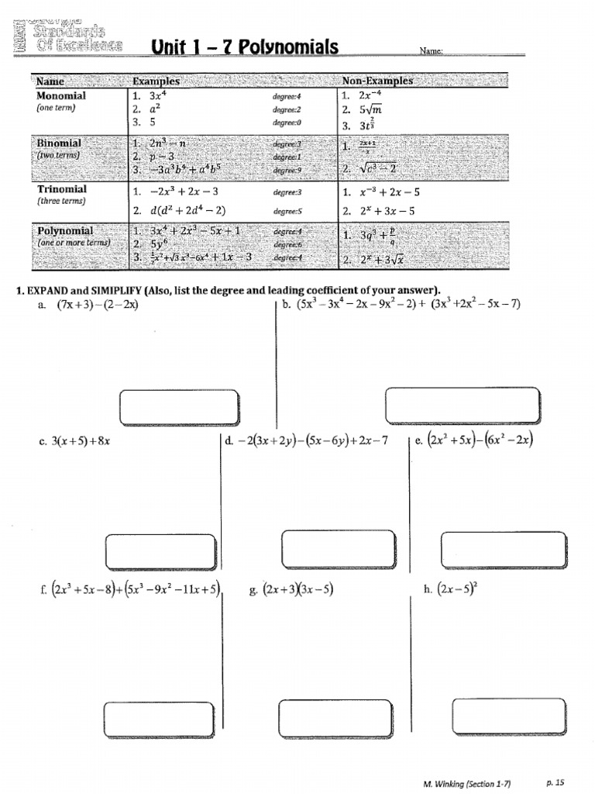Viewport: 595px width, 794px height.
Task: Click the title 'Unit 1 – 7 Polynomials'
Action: [246, 48]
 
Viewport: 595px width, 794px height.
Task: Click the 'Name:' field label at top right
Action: [431, 51]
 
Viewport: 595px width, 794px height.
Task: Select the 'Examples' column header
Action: [156, 81]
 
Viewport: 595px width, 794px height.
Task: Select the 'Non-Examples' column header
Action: [378, 81]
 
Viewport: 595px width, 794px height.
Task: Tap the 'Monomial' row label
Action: [61, 96]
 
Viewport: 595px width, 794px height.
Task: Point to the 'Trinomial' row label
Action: [62, 189]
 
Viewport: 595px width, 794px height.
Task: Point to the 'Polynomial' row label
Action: [65, 231]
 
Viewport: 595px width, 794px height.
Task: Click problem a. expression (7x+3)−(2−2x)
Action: [98, 305]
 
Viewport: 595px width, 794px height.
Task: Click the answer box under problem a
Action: [179, 406]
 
